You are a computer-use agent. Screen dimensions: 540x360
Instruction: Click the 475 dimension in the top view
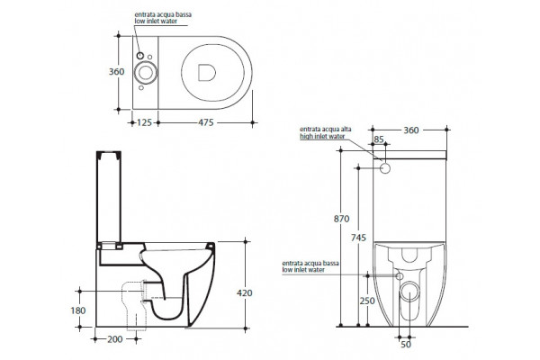(x=205, y=122)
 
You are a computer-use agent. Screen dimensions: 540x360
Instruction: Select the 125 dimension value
(x=144, y=122)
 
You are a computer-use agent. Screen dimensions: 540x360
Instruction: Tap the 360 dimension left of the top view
(x=116, y=72)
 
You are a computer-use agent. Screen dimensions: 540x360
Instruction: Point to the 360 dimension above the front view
(x=411, y=130)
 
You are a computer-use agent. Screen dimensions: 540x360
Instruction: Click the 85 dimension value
(x=379, y=139)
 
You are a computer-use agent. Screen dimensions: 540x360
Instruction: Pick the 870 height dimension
(x=341, y=219)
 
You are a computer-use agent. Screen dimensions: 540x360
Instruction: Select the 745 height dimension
(x=358, y=238)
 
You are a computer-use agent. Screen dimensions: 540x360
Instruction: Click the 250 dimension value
(x=367, y=301)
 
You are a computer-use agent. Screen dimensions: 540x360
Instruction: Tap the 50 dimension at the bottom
(x=406, y=344)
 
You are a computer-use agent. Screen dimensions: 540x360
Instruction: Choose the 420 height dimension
(x=245, y=293)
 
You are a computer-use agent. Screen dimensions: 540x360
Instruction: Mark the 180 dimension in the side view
(x=78, y=310)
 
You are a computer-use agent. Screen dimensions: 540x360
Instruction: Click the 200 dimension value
(x=114, y=339)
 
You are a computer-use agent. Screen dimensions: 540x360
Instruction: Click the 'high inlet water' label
(x=322, y=137)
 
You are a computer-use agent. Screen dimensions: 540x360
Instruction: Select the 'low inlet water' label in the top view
(x=156, y=22)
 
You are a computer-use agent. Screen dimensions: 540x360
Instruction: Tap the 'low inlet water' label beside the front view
(x=303, y=270)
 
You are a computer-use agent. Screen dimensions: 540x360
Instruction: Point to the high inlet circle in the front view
(x=385, y=168)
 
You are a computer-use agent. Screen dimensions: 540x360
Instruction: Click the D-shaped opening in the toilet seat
(x=207, y=73)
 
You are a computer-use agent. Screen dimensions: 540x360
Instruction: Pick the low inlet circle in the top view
(x=139, y=56)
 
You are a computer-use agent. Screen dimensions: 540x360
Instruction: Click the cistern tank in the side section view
(x=109, y=197)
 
